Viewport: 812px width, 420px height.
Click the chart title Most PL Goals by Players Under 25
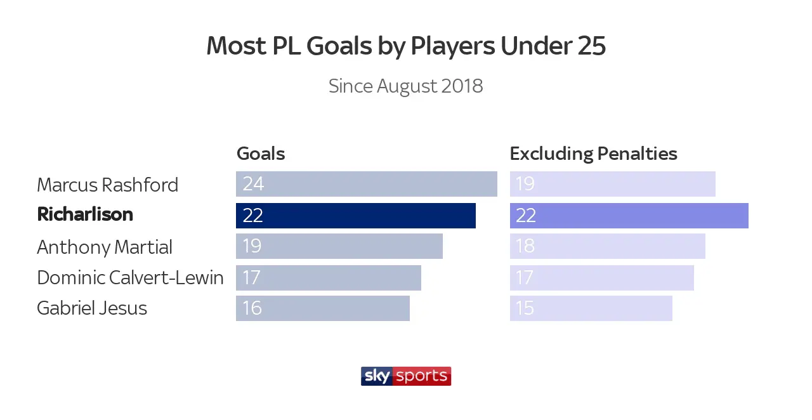pos(406,46)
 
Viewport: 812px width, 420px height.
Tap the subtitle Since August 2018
pos(406,86)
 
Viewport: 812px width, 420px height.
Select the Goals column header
pos(261,154)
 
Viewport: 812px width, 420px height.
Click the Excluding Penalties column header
pos(594,154)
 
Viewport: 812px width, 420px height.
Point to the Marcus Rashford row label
pos(108,185)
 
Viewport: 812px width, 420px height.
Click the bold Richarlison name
pos(85,214)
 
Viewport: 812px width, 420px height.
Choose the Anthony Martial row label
pos(105,247)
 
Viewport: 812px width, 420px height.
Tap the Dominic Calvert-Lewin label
pos(130,277)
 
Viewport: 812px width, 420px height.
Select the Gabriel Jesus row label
pos(92,308)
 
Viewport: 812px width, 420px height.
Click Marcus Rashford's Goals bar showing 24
pos(367,184)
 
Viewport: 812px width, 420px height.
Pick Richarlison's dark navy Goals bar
pos(356,216)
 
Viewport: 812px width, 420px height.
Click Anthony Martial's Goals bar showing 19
pos(339,246)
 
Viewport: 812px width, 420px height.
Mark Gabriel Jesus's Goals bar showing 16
pos(323,308)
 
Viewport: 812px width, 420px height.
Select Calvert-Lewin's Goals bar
pos(329,278)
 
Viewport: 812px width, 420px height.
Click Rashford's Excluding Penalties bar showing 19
pos(613,184)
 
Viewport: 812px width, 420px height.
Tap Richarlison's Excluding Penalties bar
pos(629,216)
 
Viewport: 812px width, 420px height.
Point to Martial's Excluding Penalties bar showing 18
pos(608,246)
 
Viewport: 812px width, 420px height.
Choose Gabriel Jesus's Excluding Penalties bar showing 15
pos(591,308)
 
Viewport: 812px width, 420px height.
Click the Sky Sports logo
pos(406,376)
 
